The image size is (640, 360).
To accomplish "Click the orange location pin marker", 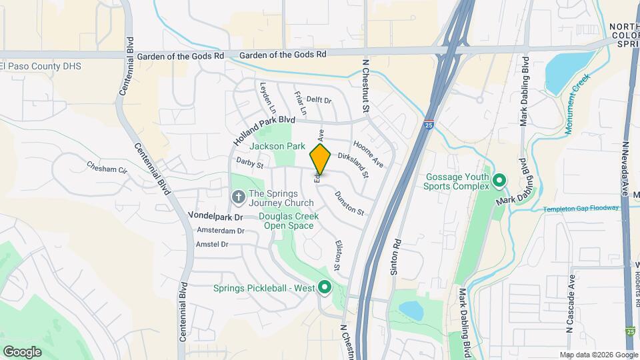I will [321, 159].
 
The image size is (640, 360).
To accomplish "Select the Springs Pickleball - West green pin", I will [325, 288].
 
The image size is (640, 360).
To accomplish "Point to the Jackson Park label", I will [277, 146].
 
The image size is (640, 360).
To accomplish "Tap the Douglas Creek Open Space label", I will [288, 221].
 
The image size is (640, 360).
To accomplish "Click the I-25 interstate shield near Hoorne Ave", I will [427, 123].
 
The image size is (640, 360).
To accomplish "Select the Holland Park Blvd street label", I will [264, 129].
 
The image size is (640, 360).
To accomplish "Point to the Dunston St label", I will [349, 203].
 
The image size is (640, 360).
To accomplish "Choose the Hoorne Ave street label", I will [368, 153].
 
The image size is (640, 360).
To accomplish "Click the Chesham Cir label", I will [107, 167].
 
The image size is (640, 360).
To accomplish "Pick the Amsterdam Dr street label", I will [221, 230].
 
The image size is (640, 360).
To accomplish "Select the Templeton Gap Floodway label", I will [580, 209].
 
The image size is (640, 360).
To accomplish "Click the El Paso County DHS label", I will [41, 67].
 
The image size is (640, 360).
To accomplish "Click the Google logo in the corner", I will [22, 351].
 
